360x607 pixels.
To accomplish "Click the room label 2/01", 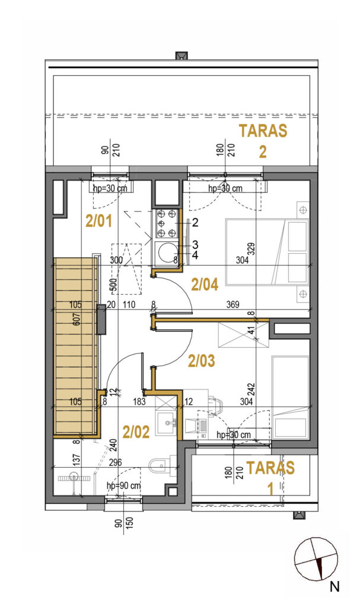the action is pyautogui.click(x=98, y=221).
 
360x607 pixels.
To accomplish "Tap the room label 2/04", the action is pyautogui.click(x=205, y=285).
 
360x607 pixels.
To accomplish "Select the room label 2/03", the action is pyautogui.click(x=201, y=361).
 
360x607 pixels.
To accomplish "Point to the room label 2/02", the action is pyautogui.click(x=136, y=432).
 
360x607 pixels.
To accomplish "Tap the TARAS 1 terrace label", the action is pyautogui.click(x=270, y=478).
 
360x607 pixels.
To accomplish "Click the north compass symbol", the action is pyautogui.click(x=316, y=560).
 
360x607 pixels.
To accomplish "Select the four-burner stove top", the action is pyautogui.click(x=166, y=223).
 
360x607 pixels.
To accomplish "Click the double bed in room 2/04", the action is pyautogui.click(x=267, y=252).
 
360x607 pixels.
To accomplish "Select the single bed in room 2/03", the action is pyautogui.click(x=291, y=397).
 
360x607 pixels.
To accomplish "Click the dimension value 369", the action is pyautogui.click(x=232, y=305).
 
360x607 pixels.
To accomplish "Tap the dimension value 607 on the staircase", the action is pyautogui.click(x=77, y=318).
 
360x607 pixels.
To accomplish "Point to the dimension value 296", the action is pyautogui.click(x=116, y=462).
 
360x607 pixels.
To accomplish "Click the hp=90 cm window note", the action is pyautogui.click(x=123, y=485).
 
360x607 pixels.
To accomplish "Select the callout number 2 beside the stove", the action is pyautogui.click(x=195, y=222).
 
